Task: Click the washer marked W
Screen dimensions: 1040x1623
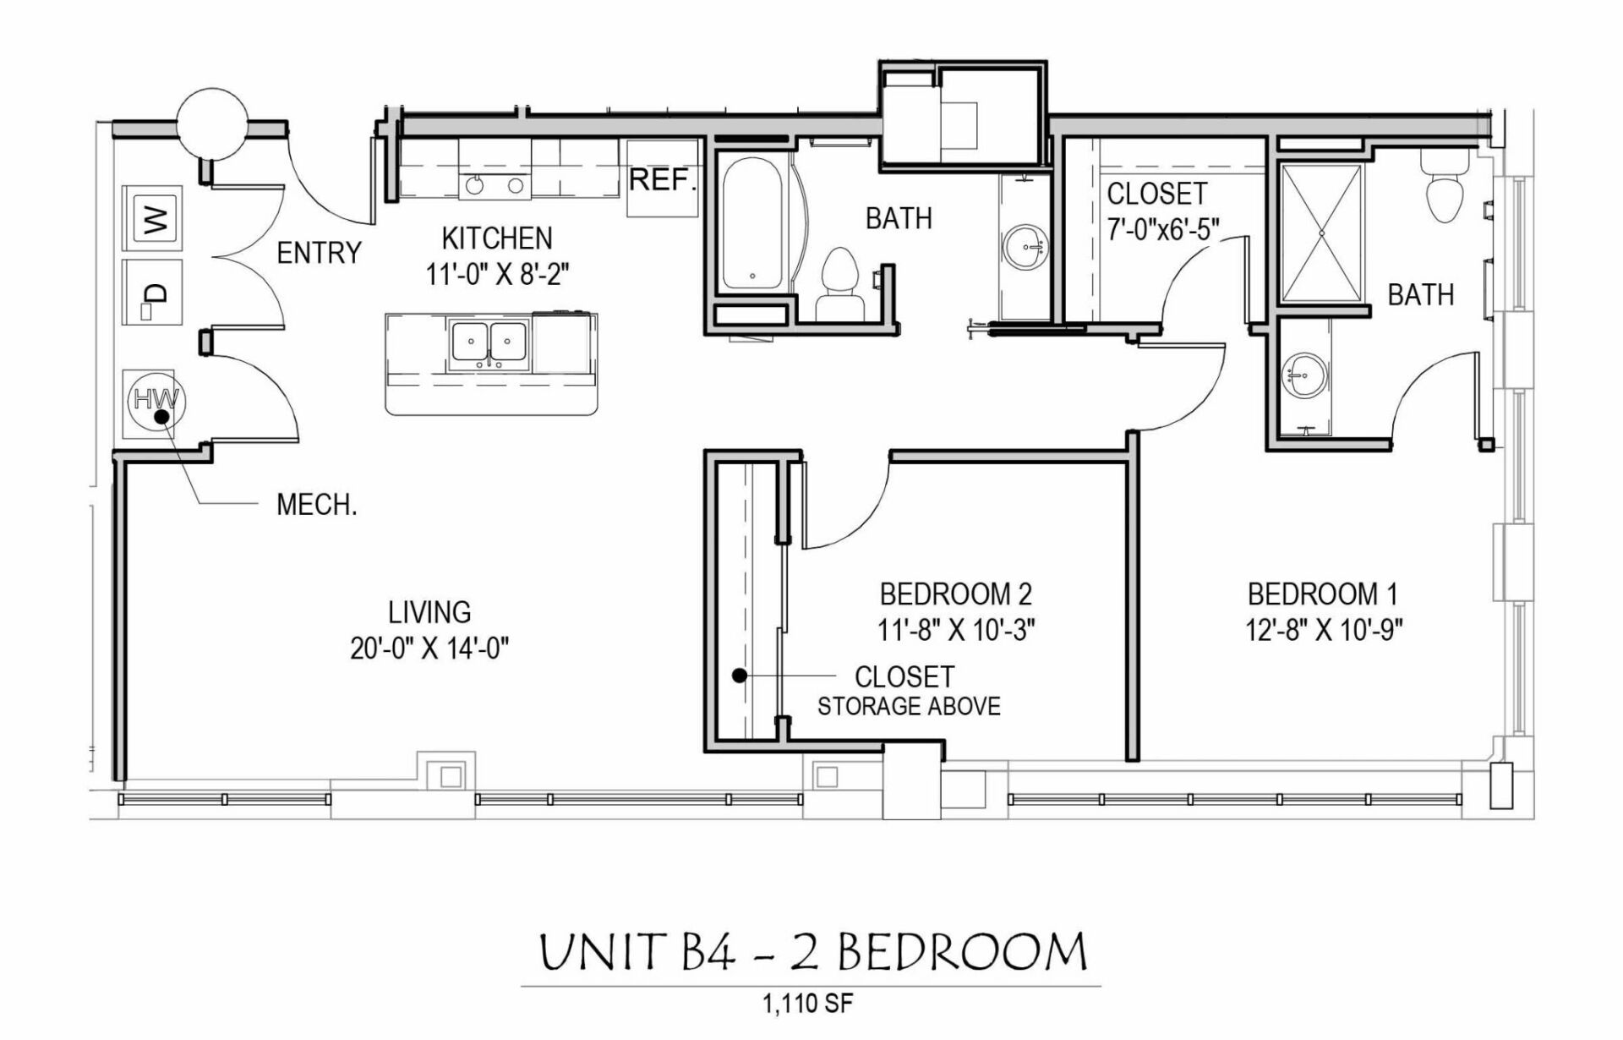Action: pyautogui.click(x=152, y=218)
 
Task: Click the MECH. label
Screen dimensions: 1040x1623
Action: pyautogui.click(x=316, y=505)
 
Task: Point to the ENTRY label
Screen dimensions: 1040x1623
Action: pyautogui.click(x=319, y=253)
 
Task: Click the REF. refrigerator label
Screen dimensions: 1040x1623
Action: pyautogui.click(x=663, y=180)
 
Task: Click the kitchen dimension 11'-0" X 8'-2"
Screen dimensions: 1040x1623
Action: pyautogui.click(x=497, y=275)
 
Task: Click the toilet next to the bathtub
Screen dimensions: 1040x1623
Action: pyautogui.click(x=840, y=283)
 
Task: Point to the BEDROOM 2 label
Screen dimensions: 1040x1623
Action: pyautogui.click(x=955, y=594)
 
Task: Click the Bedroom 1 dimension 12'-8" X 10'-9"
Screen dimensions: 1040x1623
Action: pyautogui.click(x=1323, y=630)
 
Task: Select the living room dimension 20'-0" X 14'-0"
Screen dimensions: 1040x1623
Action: pyautogui.click(x=429, y=649)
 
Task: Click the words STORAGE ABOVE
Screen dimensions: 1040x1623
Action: pyautogui.click(x=909, y=707)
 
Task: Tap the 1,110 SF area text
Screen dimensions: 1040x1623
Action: pyautogui.click(x=807, y=1004)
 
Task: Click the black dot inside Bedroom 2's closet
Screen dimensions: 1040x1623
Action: pyautogui.click(x=740, y=676)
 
